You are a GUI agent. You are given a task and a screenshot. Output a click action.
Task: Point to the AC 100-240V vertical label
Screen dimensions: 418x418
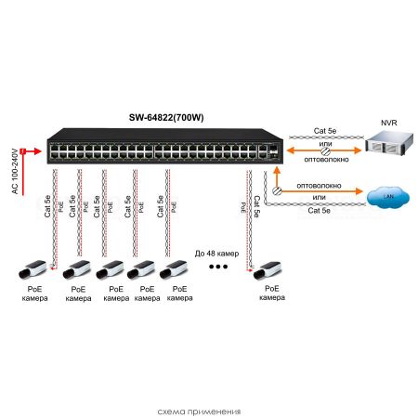(14, 170)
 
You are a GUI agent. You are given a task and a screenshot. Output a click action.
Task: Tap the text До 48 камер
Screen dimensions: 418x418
(218, 254)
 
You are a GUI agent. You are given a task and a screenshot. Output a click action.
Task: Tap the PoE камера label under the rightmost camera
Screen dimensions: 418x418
(270, 293)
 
